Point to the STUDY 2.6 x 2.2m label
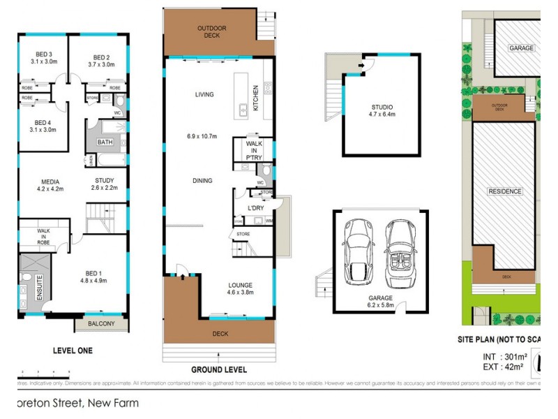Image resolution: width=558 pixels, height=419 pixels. pyautogui.click(x=105, y=184)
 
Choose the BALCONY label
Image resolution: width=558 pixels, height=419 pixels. pyautogui.click(x=107, y=323)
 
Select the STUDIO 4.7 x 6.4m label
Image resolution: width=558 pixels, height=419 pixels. pyautogui.click(x=382, y=111)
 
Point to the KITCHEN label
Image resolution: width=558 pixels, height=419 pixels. pyautogui.click(x=256, y=98)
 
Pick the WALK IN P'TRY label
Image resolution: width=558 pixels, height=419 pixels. pyautogui.click(x=254, y=150)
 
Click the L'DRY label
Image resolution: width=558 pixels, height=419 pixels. pyautogui.click(x=256, y=209)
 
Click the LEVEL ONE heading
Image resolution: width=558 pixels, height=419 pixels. pyautogui.click(x=73, y=351)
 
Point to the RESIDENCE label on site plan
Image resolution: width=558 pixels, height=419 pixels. pyautogui.click(x=505, y=190)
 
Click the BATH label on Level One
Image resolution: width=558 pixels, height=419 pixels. pyautogui.click(x=105, y=142)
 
